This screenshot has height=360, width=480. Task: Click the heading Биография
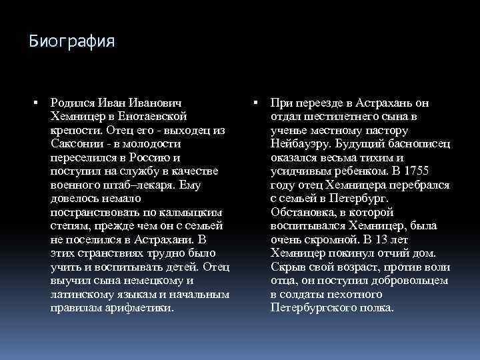tap(72, 41)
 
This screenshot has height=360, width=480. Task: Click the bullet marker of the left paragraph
tap(35, 103)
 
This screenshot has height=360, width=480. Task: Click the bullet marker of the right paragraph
tap(256, 103)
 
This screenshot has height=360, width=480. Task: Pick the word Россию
tap(147, 157)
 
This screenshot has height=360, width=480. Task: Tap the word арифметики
tap(139, 308)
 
